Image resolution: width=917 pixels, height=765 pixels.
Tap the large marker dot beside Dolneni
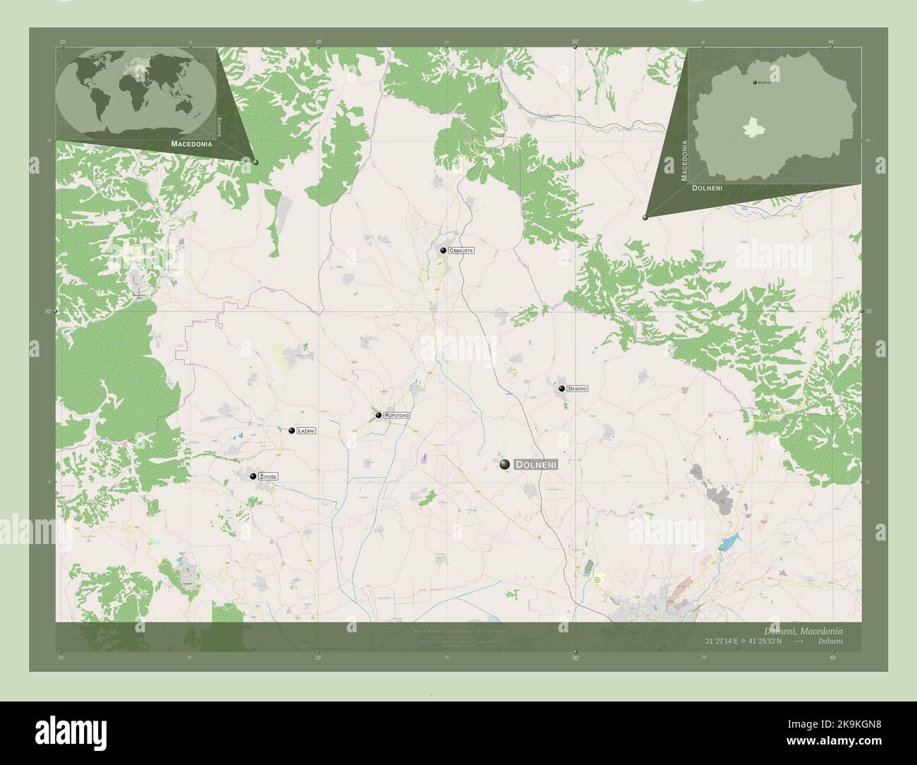click(504, 464)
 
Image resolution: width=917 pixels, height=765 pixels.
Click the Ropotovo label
click(396, 416)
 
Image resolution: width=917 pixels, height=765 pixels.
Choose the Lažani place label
click(306, 430)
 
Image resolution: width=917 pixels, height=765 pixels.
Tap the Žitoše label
click(268, 478)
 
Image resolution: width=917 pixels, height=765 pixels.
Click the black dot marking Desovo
click(561, 388)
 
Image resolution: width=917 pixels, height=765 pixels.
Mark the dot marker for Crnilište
click(443, 250)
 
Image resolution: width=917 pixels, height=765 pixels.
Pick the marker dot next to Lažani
click(291, 430)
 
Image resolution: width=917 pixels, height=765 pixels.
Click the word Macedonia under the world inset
click(191, 143)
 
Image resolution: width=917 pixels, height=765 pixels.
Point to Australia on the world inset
click(185, 107)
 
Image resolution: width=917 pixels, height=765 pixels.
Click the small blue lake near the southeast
click(727, 544)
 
